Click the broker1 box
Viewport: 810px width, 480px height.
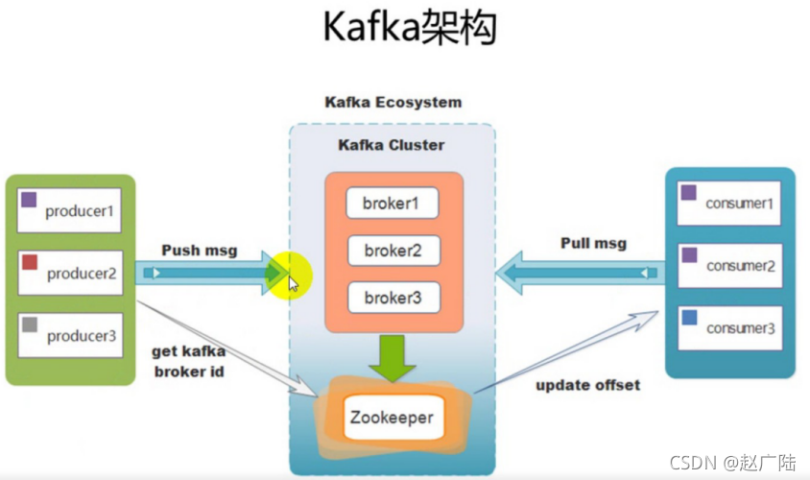[x=393, y=204]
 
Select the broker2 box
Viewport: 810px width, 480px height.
[x=393, y=251]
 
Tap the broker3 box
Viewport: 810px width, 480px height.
[x=393, y=298]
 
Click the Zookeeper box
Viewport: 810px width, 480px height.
[x=391, y=418]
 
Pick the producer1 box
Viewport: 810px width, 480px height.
[x=70, y=210]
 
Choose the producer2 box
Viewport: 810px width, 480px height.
[x=70, y=273]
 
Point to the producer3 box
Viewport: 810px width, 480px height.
[x=70, y=334]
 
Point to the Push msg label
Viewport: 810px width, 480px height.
[x=201, y=250]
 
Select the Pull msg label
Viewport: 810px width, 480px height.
[x=593, y=243]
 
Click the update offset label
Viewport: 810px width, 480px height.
[x=588, y=385]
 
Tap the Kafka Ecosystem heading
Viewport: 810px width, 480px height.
[x=393, y=102]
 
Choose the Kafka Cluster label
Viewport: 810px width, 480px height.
[x=391, y=145]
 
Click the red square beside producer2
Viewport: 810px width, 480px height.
[x=30, y=262]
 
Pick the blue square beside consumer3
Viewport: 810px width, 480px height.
[x=688, y=317]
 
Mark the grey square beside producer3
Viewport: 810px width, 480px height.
[x=30, y=324]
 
